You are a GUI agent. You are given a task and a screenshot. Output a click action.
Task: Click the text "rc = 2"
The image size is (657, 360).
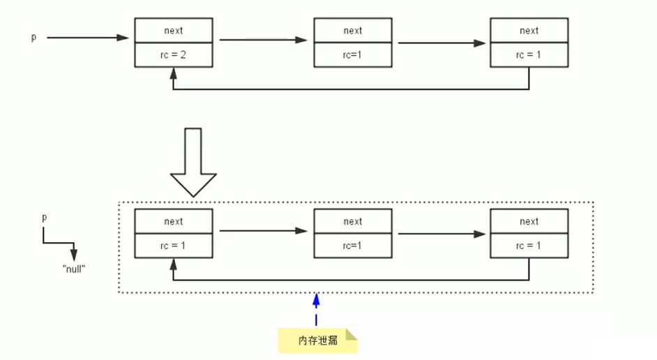point(173,54)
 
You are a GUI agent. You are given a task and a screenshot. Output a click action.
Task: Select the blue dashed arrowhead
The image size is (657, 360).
point(316,300)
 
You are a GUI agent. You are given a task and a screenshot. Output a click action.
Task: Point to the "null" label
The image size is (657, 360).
point(73,268)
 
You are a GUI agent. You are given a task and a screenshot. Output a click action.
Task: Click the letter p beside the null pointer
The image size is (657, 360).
point(45,218)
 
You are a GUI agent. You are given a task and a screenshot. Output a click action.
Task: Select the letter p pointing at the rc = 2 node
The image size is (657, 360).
point(33,37)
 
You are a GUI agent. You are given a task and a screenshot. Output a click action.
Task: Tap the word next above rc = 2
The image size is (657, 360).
point(173,31)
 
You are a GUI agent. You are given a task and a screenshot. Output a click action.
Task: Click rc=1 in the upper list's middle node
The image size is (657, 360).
point(352,54)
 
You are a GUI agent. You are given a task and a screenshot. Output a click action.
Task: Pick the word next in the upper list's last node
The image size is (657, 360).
point(529,31)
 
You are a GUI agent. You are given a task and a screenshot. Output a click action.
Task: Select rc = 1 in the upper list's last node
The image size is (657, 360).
point(529,54)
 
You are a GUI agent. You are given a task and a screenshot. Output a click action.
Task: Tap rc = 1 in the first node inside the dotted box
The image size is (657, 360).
point(173,246)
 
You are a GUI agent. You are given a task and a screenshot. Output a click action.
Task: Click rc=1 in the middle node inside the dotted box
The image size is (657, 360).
point(352,246)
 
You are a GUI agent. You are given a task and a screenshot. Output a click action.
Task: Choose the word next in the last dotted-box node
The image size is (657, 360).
point(529,222)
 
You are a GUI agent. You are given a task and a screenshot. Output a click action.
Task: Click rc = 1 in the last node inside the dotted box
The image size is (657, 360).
point(529,246)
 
